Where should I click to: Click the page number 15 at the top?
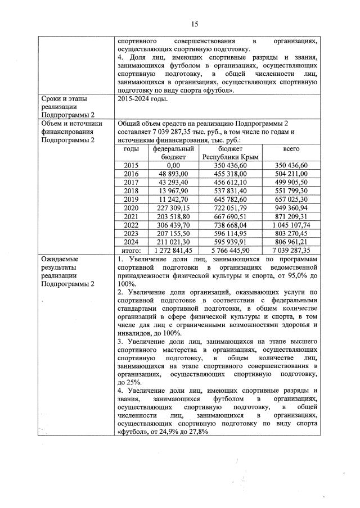point(195,24)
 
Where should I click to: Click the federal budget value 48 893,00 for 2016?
point(173,174)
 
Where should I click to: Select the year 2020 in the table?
point(130,207)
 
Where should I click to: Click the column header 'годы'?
point(130,149)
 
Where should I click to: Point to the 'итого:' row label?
point(130,250)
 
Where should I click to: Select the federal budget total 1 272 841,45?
point(173,250)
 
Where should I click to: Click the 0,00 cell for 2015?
point(173,166)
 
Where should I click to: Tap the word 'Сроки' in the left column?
point(52,99)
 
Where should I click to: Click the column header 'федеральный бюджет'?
point(173,153)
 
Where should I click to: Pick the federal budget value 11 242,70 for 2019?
point(173,199)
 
